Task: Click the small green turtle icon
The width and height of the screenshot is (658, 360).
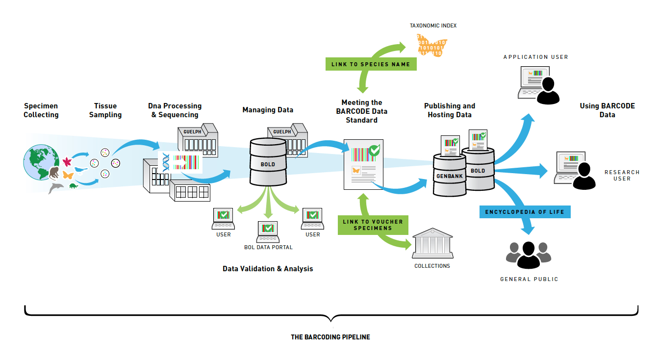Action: click(x=74, y=185)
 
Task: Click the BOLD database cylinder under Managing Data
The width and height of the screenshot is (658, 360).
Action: click(x=268, y=162)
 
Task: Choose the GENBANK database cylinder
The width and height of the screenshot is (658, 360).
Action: click(x=447, y=175)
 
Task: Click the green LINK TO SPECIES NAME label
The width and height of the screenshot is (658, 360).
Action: click(x=371, y=64)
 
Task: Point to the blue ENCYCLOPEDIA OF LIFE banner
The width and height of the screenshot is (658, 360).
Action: click(x=525, y=212)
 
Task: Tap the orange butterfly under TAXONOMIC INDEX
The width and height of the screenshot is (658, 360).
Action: click(x=431, y=45)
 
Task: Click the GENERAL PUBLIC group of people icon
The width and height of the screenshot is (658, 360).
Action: click(x=529, y=255)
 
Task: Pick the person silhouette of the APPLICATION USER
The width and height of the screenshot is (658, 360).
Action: click(x=548, y=91)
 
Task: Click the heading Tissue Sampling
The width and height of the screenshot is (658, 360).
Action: click(x=105, y=110)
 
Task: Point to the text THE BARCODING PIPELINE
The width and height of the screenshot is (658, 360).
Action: click(x=330, y=337)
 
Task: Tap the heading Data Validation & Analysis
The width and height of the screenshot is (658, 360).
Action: click(x=268, y=269)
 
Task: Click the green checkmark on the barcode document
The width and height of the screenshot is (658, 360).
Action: click(x=374, y=150)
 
